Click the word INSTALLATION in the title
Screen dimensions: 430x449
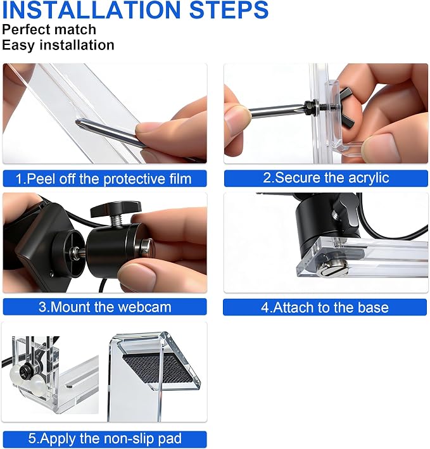pos(91,9)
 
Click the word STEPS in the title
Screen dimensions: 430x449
pos(229,9)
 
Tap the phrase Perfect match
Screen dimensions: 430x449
pos(49,30)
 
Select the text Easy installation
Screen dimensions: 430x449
pos(58,45)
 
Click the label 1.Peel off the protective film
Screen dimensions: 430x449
pos(103,179)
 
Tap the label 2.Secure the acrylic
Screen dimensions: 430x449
pos(326,178)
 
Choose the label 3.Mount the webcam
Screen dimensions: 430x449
pos(104,307)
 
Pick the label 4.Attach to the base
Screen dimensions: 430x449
pos(325,308)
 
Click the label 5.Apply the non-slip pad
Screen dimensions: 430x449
pos(104,439)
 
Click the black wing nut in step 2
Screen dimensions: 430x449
pos(346,108)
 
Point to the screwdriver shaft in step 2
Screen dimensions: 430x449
pos(277,110)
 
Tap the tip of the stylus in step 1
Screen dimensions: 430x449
pos(77,122)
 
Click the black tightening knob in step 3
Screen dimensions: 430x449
pos(115,208)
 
